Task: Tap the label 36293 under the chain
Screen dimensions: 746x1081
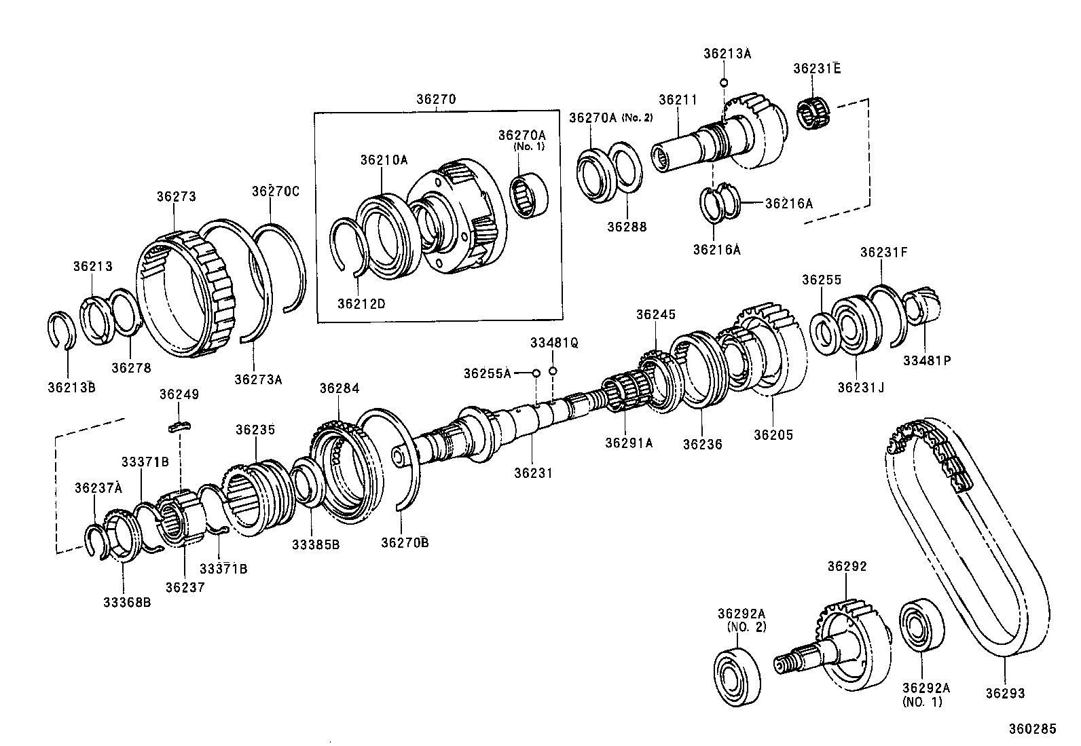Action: point(1005,693)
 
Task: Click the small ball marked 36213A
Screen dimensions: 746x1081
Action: point(724,83)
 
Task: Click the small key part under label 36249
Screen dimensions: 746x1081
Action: point(180,426)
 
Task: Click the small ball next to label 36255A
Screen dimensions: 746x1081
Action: point(536,373)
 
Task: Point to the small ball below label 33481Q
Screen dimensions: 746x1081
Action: point(553,371)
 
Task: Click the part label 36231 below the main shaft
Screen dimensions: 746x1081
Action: point(532,473)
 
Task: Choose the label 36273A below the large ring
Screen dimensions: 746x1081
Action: point(257,379)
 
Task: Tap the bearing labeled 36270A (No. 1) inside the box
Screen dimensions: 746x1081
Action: point(529,194)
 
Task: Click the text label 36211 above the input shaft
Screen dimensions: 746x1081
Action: point(678,100)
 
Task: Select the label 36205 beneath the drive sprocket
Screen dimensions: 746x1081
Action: point(773,435)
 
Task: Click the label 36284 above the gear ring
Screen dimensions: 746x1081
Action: point(340,388)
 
